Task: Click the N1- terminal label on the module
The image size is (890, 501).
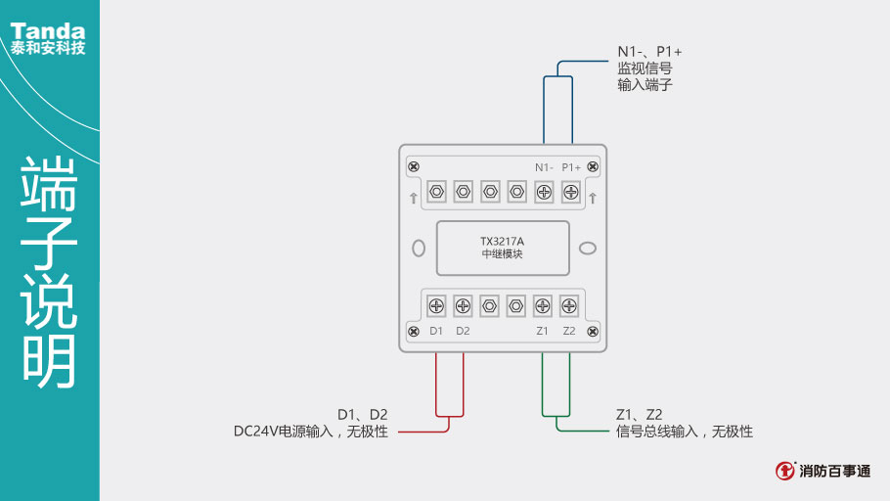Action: [x=544, y=167]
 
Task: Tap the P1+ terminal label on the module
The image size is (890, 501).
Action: [x=571, y=167]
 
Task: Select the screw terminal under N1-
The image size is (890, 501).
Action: [x=544, y=192]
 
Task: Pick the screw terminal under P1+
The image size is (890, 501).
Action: [x=570, y=192]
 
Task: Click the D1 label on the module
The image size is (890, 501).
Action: [x=436, y=331]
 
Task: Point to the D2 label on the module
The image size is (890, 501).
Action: [x=463, y=331]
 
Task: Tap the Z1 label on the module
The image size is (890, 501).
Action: [x=543, y=331]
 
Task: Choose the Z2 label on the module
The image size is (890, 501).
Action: [x=569, y=331]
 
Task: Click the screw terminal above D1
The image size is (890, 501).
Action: [x=437, y=305]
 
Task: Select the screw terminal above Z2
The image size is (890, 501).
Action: [x=569, y=305]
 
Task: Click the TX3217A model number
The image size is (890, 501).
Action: [x=503, y=241]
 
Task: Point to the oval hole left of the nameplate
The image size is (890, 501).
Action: [x=419, y=248]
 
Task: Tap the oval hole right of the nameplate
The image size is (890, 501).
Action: [x=587, y=248]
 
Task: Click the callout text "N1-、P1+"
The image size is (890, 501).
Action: [x=649, y=51]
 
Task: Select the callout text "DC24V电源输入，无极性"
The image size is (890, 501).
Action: [x=310, y=432]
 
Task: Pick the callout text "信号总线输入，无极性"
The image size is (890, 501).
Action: [x=685, y=432]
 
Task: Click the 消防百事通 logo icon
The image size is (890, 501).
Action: [x=785, y=471]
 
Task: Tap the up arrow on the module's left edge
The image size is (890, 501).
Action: [x=414, y=199]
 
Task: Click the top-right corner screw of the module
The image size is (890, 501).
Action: [x=593, y=166]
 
